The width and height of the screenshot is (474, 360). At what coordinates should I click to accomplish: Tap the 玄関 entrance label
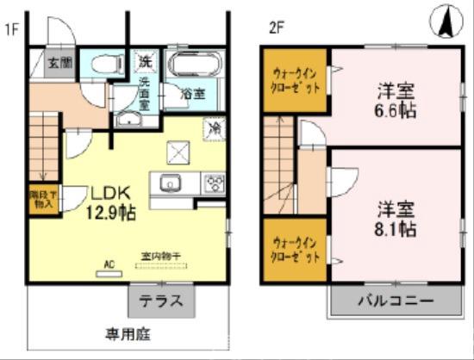59,63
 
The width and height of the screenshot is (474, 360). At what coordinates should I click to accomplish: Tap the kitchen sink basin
168,183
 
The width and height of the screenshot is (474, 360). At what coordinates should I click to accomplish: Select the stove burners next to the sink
213,183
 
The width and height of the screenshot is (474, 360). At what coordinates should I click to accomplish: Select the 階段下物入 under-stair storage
41,201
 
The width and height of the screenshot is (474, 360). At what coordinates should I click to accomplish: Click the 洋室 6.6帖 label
393,99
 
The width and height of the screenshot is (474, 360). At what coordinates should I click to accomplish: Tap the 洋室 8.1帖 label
396,219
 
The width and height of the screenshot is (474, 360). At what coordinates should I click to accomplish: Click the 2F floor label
275,27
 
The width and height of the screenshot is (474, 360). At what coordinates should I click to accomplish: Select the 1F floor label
11,27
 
